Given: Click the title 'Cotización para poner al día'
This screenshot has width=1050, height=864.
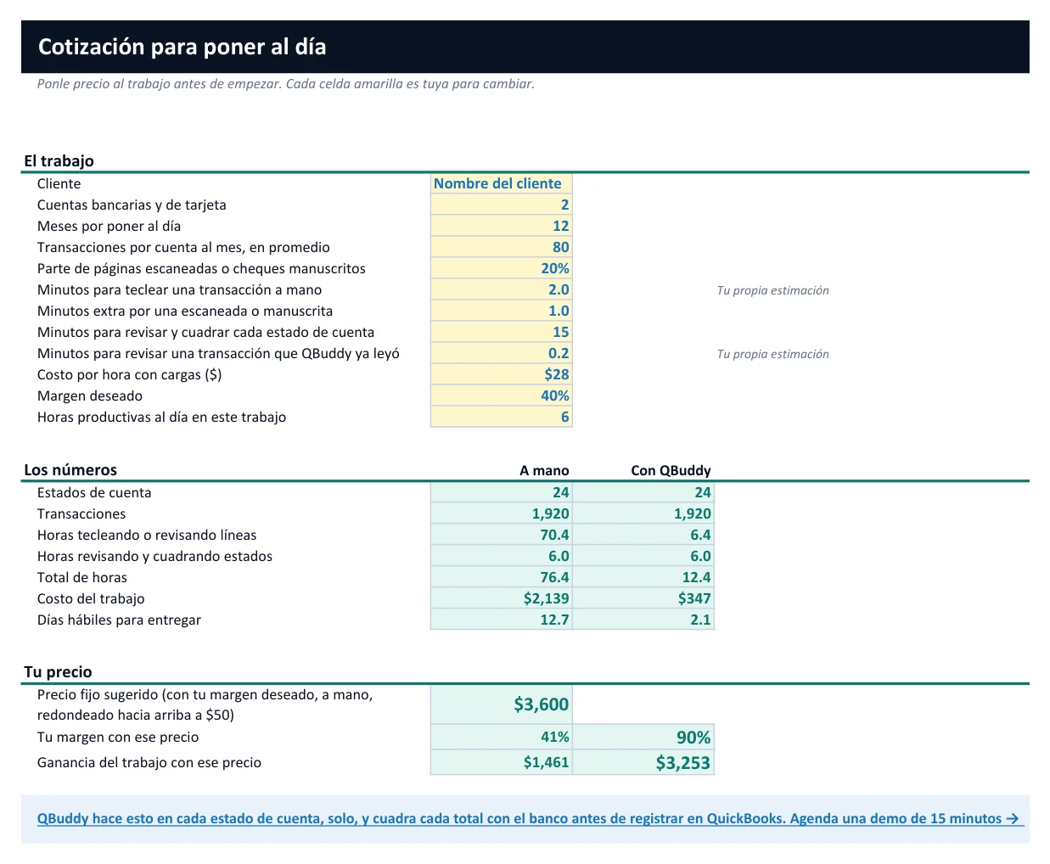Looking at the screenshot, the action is (x=182, y=47).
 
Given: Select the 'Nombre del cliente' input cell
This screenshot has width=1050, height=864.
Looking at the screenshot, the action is (x=501, y=183).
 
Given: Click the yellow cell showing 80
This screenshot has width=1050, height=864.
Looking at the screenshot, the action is (x=501, y=247).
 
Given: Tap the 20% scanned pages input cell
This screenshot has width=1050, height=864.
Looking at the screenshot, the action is (x=501, y=268).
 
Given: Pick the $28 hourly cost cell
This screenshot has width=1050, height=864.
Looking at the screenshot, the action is (x=501, y=374).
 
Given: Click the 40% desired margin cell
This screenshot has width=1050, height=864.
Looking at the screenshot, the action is (x=501, y=396).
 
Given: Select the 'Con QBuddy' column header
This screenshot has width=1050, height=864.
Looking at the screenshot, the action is (x=671, y=470).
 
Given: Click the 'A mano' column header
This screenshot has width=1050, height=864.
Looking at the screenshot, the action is (x=544, y=470).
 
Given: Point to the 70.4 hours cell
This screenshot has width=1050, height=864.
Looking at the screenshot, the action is (x=501, y=535).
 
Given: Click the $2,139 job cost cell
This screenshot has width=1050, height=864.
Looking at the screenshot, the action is (x=501, y=598).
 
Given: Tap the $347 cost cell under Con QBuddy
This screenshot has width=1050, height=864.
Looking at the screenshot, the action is (x=643, y=598).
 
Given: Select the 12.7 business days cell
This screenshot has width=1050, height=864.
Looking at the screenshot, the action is (x=501, y=620).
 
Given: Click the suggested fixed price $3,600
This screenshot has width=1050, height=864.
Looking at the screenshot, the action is (x=501, y=704).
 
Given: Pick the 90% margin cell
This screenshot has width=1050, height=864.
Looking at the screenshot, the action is (x=643, y=737).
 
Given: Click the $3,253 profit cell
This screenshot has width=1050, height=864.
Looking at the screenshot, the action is (x=643, y=762).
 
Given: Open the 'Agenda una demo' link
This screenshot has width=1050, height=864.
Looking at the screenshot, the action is (x=531, y=819).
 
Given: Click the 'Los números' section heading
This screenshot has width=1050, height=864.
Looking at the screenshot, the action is (x=70, y=470).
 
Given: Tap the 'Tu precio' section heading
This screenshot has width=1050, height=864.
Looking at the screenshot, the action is (x=58, y=672).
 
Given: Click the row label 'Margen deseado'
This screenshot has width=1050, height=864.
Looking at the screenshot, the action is (x=90, y=396).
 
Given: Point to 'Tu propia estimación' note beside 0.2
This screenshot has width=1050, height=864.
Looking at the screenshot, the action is (x=772, y=354).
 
